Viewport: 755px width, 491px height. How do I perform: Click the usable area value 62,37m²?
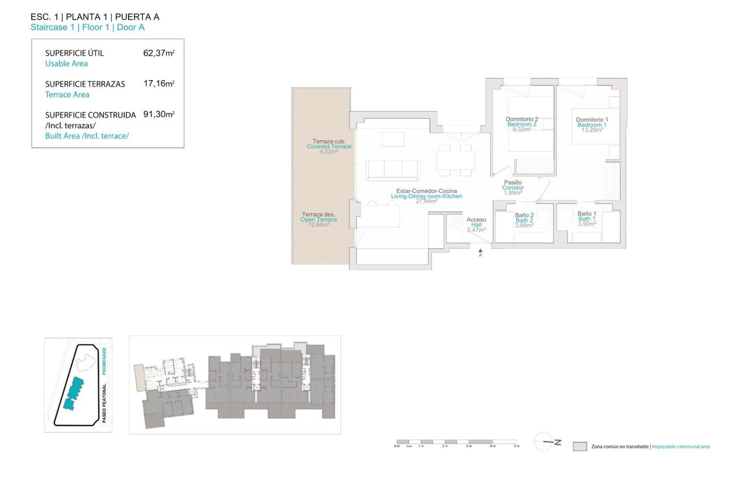point(159,53)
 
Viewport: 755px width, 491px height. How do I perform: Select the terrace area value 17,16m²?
point(159,84)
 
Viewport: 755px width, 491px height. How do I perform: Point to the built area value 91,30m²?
point(159,115)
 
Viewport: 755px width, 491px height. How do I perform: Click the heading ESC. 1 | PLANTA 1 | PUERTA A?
point(95,17)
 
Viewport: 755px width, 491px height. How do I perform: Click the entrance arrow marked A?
point(480,252)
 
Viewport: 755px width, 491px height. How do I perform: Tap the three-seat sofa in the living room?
point(393,170)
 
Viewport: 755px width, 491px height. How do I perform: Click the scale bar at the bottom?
point(457,441)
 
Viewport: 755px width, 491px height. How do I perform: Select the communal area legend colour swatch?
point(579,447)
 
